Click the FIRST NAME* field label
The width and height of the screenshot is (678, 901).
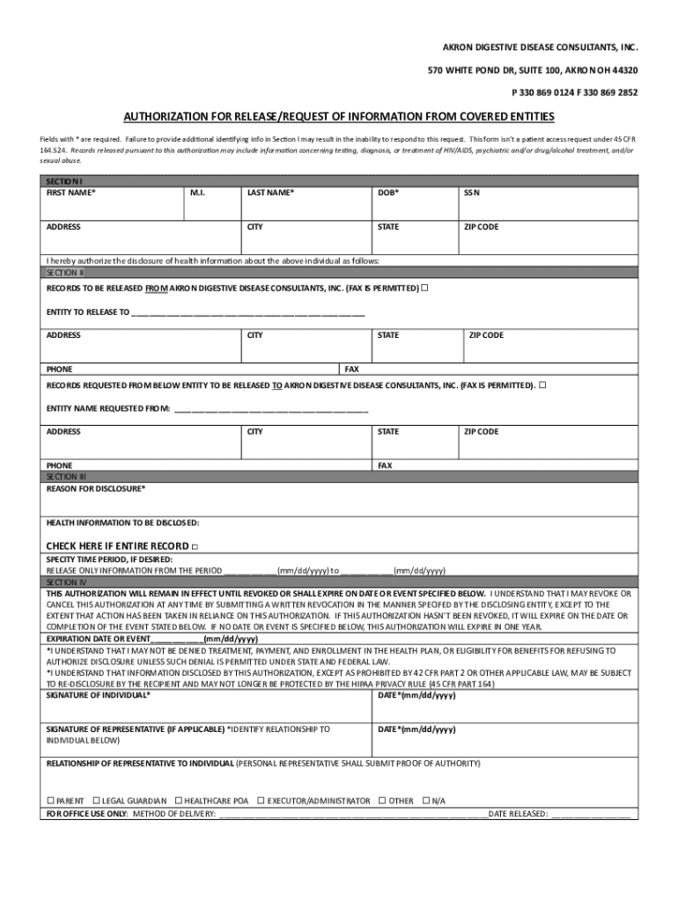[x=71, y=192]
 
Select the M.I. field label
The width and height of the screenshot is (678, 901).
[x=197, y=192]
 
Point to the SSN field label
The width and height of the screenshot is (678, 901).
[x=472, y=192]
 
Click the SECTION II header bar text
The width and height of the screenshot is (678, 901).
[x=65, y=273]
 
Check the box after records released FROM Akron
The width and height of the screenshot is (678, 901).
[x=425, y=288]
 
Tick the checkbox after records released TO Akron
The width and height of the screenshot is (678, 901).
[x=542, y=385]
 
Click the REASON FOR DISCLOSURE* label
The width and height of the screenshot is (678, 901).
[x=96, y=488]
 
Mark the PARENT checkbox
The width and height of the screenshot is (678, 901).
[x=50, y=801]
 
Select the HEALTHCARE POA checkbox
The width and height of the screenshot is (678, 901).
[x=178, y=801]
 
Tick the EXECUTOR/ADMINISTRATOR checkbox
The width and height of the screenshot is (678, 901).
[x=261, y=801]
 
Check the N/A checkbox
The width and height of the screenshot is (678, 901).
[x=425, y=801]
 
